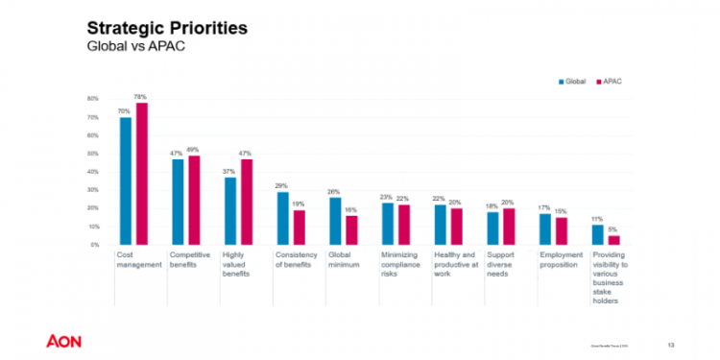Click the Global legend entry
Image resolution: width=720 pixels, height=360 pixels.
pos(573,83)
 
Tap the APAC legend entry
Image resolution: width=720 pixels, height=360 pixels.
pos(608,83)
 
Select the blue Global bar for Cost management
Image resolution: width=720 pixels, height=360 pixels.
pos(125,180)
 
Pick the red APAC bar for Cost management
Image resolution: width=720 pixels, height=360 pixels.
pos(141,174)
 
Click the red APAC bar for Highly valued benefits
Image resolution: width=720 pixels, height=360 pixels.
pos(245,202)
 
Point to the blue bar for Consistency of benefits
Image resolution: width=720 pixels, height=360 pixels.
pos(282,218)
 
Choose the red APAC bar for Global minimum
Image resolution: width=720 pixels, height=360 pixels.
pos(350,229)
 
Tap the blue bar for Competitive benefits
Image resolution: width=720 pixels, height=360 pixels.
pos(178,202)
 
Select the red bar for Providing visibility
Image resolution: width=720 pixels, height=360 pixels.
pos(612,240)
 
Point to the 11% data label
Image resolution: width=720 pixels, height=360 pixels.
pos(596,219)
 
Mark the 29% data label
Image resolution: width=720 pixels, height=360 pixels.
pos(281,186)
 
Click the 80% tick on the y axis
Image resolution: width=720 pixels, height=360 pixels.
pos(93,99)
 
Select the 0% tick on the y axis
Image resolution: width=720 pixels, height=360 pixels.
pos(94,245)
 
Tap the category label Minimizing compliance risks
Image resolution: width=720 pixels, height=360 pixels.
pos(400,265)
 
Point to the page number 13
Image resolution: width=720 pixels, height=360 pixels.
pos(670,344)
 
